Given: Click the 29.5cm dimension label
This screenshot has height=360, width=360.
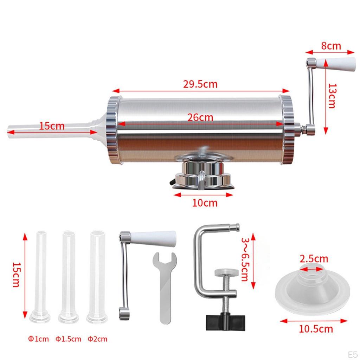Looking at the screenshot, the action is tap(200, 84).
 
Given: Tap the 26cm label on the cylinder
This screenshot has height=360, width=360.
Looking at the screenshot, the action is tap(200, 117).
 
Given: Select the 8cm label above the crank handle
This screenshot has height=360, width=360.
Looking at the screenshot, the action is tap(331, 46).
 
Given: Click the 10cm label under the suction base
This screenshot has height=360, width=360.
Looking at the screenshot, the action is tap(205, 203).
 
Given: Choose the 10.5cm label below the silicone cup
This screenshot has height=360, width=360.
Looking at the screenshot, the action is tap(316, 329).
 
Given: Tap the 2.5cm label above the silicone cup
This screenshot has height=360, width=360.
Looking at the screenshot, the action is tap(314, 259).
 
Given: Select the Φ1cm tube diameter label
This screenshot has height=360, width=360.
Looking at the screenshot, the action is tap(38, 339).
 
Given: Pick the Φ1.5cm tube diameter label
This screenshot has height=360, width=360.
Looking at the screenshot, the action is tap(68, 339).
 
